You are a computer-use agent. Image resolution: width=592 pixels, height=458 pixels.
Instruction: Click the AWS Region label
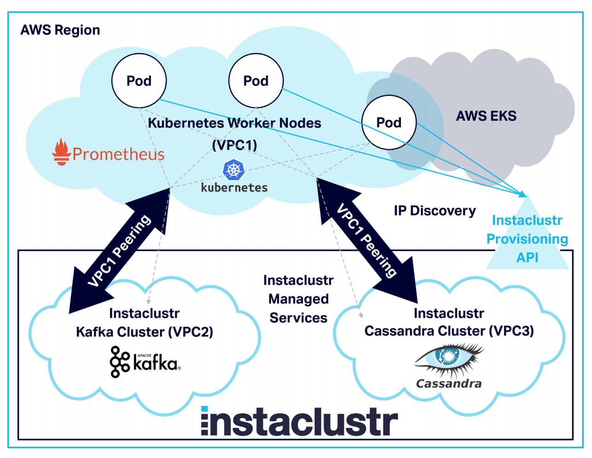(60, 30)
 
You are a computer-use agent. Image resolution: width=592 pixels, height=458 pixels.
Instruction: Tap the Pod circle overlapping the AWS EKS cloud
(389, 123)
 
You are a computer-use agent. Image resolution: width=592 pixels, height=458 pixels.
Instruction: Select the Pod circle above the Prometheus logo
(139, 81)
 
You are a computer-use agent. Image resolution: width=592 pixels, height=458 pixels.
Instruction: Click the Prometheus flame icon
(61, 152)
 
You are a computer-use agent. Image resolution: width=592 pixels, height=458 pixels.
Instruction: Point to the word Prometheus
(118, 154)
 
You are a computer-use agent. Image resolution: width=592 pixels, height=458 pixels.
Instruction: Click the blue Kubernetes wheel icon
(234, 170)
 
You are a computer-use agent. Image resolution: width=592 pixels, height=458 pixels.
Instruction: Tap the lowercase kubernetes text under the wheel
(234, 188)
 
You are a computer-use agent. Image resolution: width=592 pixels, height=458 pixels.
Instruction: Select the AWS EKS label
(486, 116)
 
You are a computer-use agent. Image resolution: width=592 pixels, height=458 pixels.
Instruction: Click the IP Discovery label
(435, 211)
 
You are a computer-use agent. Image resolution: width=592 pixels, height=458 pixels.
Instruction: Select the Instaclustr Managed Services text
(298, 299)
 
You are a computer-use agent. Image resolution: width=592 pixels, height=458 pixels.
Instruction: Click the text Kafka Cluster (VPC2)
(145, 332)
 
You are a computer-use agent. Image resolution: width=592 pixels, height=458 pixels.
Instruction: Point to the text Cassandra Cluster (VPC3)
(449, 331)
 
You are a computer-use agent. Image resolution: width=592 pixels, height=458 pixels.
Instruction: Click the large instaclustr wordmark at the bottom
(299, 421)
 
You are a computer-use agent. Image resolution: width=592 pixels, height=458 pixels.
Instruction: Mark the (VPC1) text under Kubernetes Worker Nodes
(234, 145)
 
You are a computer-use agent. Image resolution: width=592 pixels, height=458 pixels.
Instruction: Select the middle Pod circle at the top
(256, 81)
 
